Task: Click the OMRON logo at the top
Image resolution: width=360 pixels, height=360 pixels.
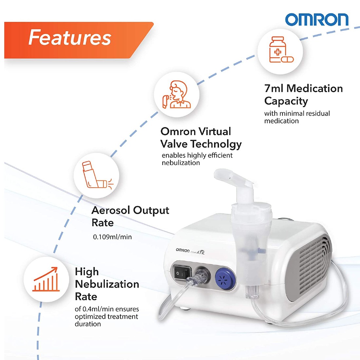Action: pos(316,20)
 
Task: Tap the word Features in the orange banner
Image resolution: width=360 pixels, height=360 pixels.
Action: pos(70,37)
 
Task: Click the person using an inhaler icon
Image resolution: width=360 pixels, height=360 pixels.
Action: pos(176,94)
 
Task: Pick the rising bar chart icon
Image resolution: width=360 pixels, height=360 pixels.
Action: pos(46,279)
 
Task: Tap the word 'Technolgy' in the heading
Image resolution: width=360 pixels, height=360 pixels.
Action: pos(216,144)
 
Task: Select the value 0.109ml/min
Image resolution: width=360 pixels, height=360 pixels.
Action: pos(112,237)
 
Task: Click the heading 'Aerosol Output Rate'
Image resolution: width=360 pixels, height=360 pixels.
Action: pos(130,216)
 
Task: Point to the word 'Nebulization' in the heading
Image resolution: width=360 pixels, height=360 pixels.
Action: pos(107,284)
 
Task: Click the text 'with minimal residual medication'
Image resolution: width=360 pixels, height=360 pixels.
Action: pos(297,117)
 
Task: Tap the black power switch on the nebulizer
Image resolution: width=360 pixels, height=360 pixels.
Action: pos(182,273)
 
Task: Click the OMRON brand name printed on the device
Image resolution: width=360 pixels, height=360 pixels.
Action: pos(183,250)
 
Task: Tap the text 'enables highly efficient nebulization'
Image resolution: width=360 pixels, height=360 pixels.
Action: pos(197,159)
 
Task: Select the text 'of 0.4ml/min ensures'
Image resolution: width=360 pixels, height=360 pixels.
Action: pos(107,309)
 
